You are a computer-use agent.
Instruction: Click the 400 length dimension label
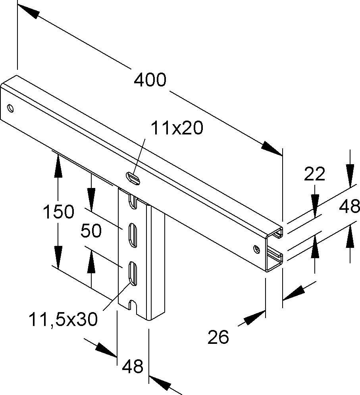tap(150, 81)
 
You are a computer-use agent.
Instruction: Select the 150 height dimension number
tap(58, 212)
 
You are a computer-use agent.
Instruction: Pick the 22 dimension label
tap(314, 174)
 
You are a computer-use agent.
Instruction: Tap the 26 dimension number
tap(218, 337)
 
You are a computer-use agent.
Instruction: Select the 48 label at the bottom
tap(133, 366)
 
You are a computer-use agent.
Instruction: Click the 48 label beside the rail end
tap(350, 206)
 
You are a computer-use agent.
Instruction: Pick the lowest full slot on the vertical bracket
tap(133, 273)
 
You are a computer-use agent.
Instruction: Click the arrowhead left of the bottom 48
tap(106, 350)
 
